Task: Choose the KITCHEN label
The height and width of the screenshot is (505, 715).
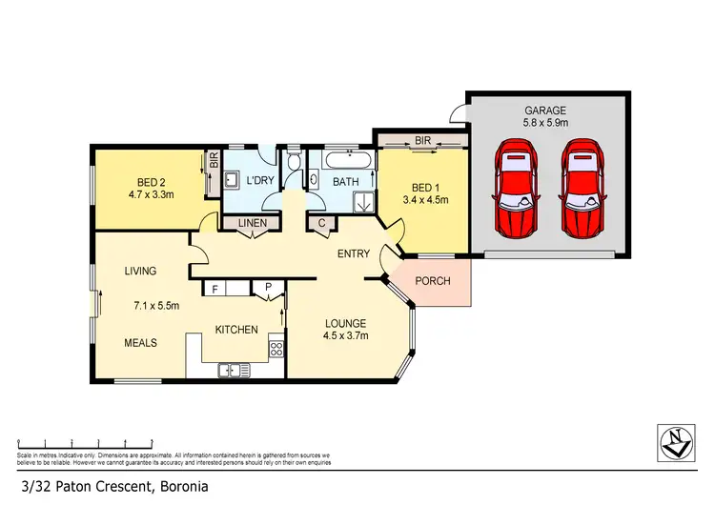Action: click(236, 330)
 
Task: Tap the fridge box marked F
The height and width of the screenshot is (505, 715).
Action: click(216, 287)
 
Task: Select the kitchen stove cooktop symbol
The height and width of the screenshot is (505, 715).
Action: click(276, 348)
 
